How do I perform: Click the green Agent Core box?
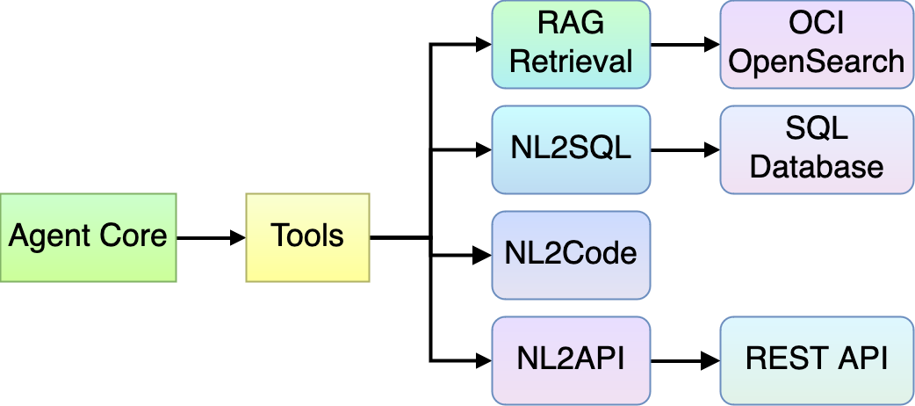pos(88,237)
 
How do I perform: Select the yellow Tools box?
pos(307,237)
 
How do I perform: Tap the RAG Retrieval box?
pos(571,44)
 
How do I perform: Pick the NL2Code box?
pos(571,254)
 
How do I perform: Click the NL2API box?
pos(571,359)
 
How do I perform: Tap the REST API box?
pos(817,359)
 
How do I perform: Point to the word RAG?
pos(571,25)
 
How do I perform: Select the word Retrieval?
pos(571,62)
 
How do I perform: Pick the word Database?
pos(817,167)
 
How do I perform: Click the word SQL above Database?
pos(817,130)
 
